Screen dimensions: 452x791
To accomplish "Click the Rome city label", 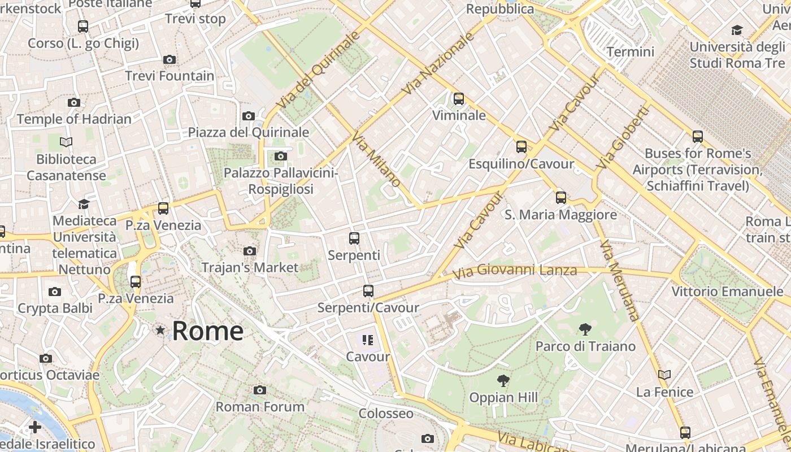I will click(x=207, y=331).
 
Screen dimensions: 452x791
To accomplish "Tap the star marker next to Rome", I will click(x=161, y=330).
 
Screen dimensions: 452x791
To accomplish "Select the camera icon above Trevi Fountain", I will click(x=169, y=59).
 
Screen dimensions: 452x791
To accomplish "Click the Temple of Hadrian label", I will click(x=74, y=119).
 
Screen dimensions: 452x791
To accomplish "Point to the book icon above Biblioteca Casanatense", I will click(x=66, y=142).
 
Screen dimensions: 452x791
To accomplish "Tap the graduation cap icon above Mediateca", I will click(x=84, y=204).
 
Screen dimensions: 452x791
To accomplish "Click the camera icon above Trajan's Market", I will click(x=249, y=251).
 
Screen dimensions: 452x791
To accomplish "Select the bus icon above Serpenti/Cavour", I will click(x=368, y=291).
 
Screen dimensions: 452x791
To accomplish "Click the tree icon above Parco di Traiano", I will click(x=585, y=329).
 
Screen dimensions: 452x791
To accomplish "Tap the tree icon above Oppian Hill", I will click(x=503, y=381).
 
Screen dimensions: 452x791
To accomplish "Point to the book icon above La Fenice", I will click(x=664, y=375).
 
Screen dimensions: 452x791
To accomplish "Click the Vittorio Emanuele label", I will click(x=727, y=292).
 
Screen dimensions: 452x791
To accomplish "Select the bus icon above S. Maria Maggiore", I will click(x=560, y=198).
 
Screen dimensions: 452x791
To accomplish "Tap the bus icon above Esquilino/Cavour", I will click(x=521, y=147).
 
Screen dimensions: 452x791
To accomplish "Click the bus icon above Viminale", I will click(x=459, y=99).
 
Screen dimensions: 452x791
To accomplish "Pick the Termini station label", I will click(x=630, y=52).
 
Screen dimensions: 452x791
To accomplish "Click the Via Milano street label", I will click(x=376, y=160).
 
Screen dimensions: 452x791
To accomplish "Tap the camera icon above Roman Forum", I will click(x=260, y=390).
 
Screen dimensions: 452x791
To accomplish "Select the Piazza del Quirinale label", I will click(x=249, y=132).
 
